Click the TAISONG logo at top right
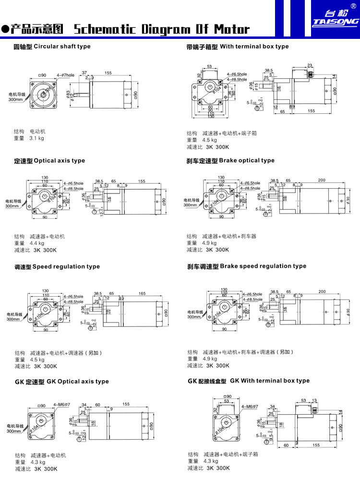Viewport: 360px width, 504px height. [336, 18]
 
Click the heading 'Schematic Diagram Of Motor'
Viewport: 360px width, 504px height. [162, 29]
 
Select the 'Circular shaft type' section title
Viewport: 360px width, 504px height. [52, 47]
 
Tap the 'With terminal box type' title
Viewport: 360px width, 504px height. [238, 47]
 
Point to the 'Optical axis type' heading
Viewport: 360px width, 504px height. [49, 161]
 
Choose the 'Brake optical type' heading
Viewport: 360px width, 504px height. [230, 160]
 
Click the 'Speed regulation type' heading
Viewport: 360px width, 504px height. [57, 266]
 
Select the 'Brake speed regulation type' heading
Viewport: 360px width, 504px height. [246, 266]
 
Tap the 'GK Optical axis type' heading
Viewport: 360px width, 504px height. [61, 382]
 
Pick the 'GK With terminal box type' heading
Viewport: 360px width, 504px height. [249, 381]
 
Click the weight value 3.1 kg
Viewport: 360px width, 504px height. [36, 138]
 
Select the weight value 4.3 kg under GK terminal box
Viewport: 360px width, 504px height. [211, 461]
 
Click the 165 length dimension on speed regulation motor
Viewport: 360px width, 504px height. [142, 293]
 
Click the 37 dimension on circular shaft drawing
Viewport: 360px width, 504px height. [84, 73]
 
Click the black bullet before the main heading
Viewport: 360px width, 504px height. [5, 30]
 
